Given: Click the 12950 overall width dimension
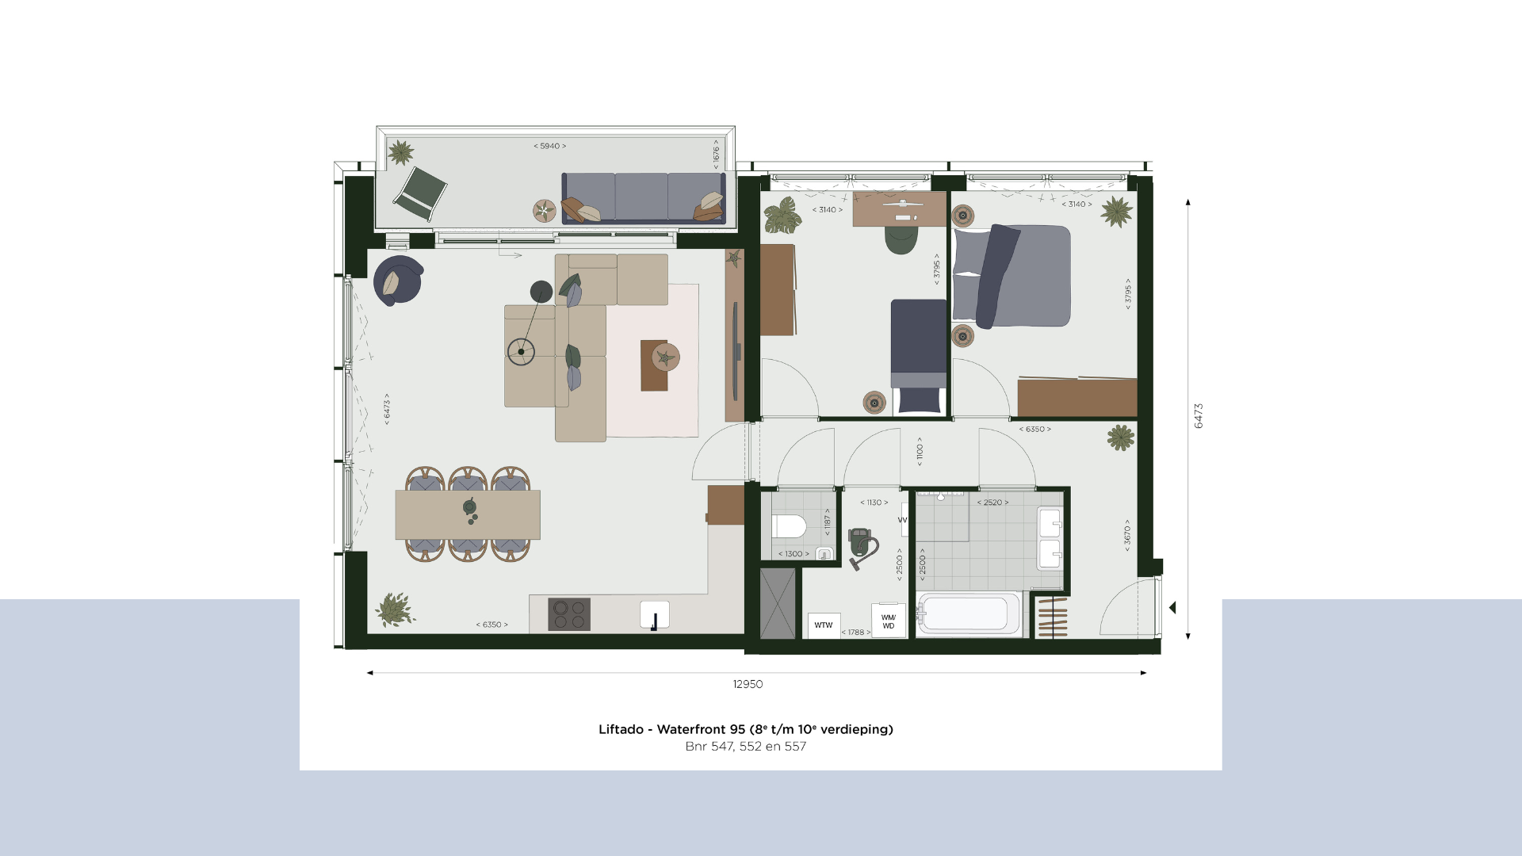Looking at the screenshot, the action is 748,684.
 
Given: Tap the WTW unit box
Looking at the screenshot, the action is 824,625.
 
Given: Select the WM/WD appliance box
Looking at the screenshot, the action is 889,621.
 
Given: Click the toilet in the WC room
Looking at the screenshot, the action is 790,526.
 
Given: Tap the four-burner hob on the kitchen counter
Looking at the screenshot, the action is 569,614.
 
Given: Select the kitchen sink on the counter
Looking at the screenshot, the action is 655,615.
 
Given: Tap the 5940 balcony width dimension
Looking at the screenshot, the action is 550,146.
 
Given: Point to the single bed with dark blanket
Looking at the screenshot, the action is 919,357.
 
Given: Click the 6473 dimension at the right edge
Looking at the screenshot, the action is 1199,416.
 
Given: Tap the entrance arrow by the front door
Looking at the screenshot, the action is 1172,608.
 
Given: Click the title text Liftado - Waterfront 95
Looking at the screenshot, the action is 672,729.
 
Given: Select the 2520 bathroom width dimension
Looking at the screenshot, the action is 992,503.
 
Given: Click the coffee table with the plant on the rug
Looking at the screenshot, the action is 655,365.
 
